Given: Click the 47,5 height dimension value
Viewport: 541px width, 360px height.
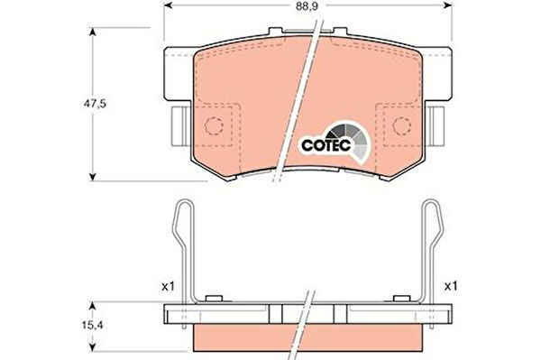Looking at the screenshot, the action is [x=95, y=104].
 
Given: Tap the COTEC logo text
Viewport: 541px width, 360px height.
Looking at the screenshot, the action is [x=326, y=145].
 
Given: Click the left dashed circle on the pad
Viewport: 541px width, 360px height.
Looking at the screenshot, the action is [x=214, y=126].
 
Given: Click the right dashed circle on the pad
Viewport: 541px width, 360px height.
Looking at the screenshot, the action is [x=401, y=126].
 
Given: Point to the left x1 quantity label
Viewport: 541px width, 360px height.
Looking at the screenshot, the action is [x=169, y=286].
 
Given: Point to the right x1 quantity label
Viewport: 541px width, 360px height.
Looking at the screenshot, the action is [x=451, y=286].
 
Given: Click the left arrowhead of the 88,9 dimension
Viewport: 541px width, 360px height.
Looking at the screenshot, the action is [x=168, y=5].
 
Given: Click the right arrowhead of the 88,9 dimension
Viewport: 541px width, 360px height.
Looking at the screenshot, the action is [x=448, y=5].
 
